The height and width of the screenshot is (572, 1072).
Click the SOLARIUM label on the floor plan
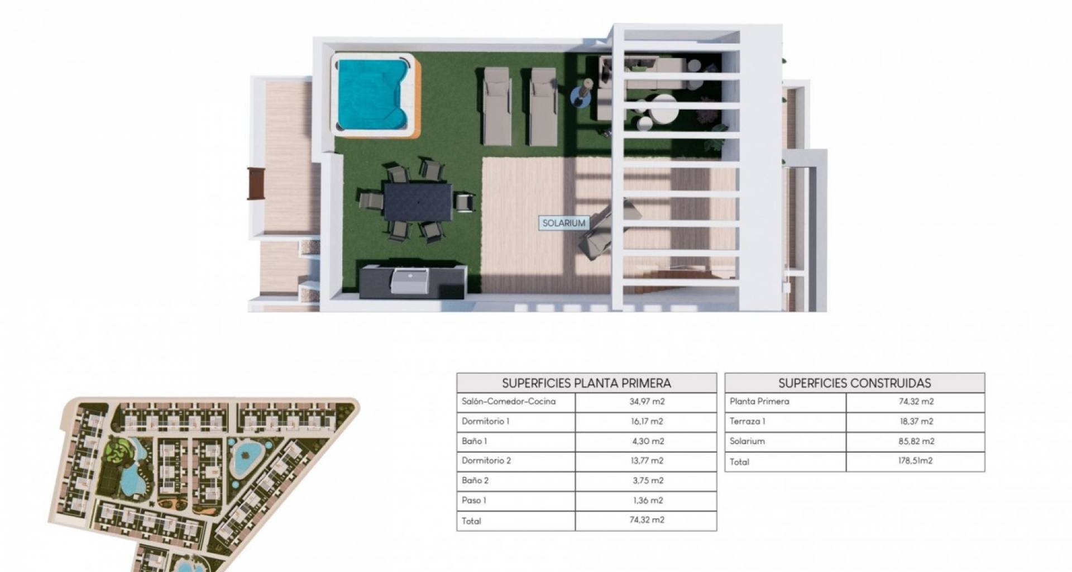[x=564, y=223]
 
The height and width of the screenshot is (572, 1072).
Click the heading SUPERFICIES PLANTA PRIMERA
[x=586, y=383]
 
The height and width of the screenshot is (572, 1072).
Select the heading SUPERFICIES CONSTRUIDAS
[x=855, y=383]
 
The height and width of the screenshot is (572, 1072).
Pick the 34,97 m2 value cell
[x=648, y=402]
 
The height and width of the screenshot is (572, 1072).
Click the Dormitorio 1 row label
[x=485, y=422]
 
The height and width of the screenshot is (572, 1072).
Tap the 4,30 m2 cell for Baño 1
[x=648, y=441]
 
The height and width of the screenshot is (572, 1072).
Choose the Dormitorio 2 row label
[x=486, y=461]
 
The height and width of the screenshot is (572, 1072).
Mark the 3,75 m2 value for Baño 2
[x=648, y=480]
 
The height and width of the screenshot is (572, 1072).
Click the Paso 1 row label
[x=474, y=500]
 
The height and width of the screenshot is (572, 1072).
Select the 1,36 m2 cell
[x=648, y=500]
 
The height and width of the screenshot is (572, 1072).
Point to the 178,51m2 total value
[x=916, y=461]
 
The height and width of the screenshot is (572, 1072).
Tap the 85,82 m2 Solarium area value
[x=916, y=441]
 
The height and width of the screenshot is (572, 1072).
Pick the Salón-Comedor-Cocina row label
[x=509, y=402]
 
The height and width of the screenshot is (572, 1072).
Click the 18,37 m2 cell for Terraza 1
[x=916, y=422]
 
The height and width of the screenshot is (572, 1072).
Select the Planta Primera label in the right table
[x=759, y=402]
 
